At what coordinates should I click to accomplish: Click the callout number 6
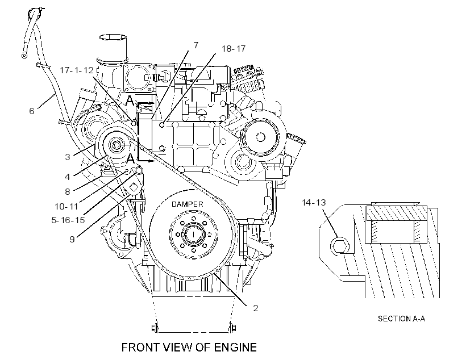coord(31,111)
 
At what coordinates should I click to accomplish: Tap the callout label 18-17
coord(234,49)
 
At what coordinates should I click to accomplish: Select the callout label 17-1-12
coord(77,70)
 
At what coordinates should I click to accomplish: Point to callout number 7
coord(195,45)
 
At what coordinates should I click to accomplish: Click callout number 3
coord(68,157)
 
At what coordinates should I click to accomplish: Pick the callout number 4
coord(67,177)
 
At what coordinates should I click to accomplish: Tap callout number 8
coord(68,191)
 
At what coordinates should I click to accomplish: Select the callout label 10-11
coord(66,206)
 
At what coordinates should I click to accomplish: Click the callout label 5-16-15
coord(68,220)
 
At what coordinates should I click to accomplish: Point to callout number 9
coord(72,239)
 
